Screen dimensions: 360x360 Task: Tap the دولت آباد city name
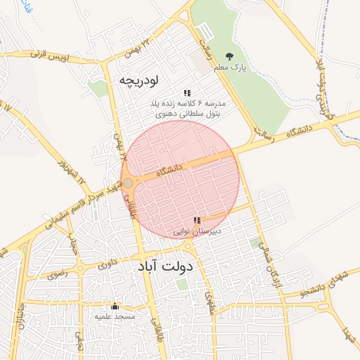click(x=166, y=267)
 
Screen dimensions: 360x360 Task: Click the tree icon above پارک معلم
click(x=229, y=56)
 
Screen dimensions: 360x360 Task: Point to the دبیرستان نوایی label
click(x=198, y=231)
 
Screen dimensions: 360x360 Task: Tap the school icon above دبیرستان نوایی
click(x=198, y=221)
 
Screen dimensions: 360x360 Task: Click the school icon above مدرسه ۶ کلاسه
click(x=187, y=93)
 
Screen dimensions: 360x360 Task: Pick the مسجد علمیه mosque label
click(x=115, y=316)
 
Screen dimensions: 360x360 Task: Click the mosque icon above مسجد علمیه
click(x=115, y=306)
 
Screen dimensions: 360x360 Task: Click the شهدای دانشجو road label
click(x=309, y=290)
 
